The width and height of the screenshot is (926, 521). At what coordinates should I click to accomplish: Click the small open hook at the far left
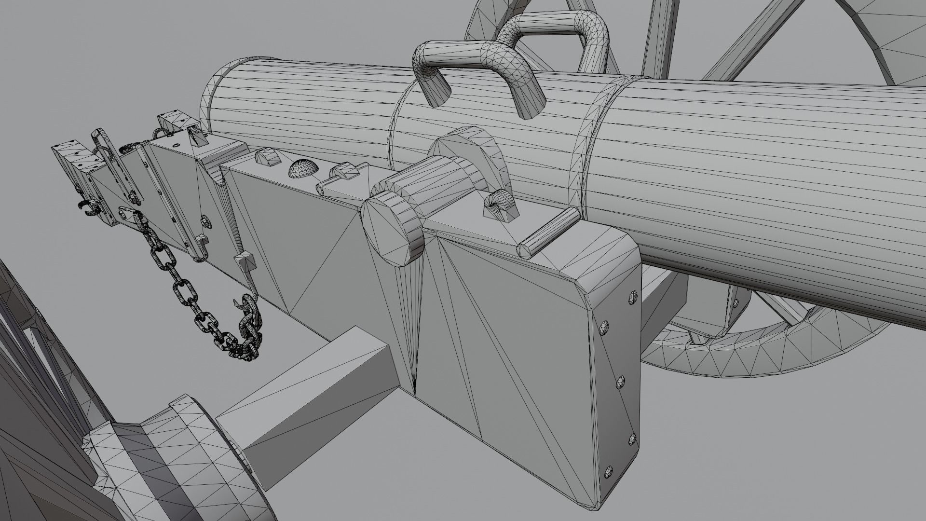point(90,208)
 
